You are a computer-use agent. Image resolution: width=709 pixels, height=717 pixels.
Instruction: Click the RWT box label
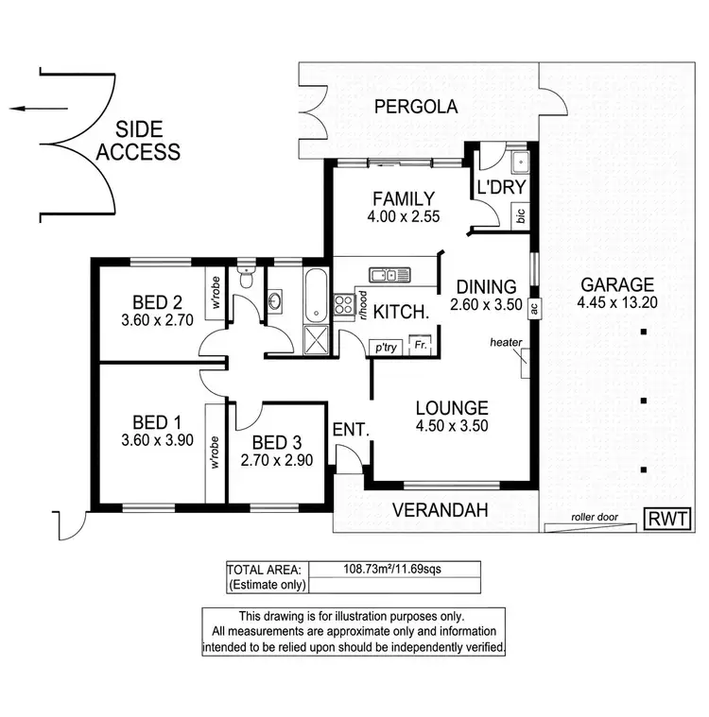(667, 519)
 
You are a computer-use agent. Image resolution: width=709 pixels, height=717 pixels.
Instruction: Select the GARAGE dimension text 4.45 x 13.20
(617, 303)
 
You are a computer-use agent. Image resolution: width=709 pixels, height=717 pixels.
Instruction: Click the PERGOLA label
(415, 107)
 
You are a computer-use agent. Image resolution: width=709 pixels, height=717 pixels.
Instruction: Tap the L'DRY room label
(500, 187)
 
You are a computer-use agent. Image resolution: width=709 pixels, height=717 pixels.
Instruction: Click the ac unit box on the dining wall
(534, 307)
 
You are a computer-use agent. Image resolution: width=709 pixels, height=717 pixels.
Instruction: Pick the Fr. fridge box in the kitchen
(422, 346)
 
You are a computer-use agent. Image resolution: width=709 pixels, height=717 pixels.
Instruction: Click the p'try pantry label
(387, 347)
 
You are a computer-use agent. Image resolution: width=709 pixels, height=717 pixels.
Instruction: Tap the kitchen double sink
(390, 275)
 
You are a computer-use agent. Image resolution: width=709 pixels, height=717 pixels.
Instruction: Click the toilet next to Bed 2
(247, 278)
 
